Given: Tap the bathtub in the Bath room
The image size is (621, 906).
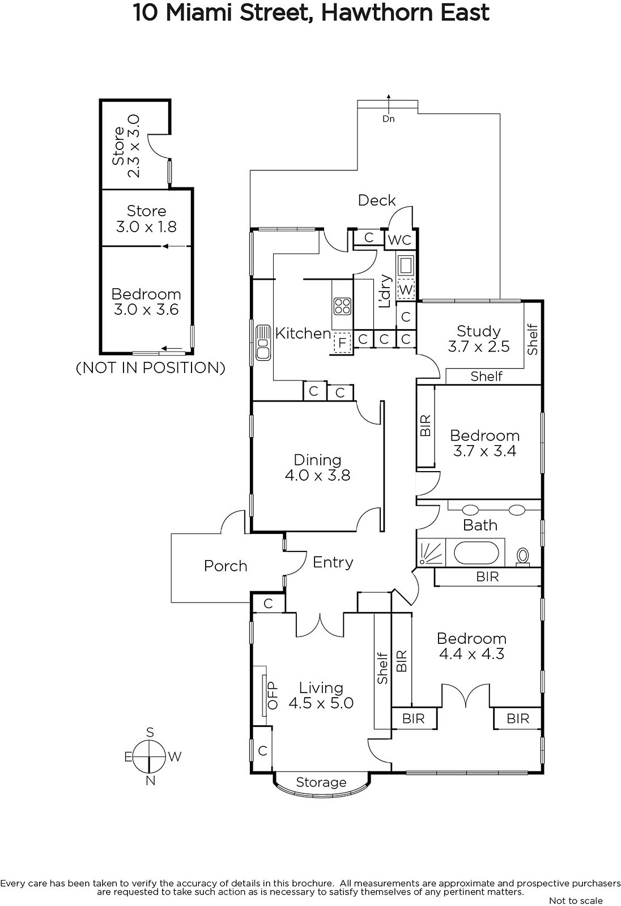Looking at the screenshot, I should coord(479,553).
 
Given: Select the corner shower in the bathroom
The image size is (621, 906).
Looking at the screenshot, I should coord(431,553).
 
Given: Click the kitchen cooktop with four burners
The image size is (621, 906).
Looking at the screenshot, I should coord(342,306).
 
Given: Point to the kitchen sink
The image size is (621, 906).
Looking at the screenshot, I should coord(263,342).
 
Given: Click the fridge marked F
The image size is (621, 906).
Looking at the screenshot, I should coord(342,343).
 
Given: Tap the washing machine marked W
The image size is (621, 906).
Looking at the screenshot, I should coord(406,289).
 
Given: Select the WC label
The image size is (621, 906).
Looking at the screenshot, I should coord(399,240).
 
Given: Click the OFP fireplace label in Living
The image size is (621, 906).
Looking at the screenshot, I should coord(273,695).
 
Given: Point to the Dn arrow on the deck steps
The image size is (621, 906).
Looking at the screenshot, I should coord(389,119).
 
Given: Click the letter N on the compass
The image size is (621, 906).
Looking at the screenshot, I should coord(150,781).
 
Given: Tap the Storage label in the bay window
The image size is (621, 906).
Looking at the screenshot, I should coord(321,782).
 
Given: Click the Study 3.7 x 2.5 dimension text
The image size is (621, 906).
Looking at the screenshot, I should coord(479,347).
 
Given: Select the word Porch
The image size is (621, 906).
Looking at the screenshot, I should coord(226,566).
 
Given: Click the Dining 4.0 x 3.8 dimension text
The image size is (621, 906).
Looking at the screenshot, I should coord(317,475).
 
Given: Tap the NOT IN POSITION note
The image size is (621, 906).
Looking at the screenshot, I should coord(151,367).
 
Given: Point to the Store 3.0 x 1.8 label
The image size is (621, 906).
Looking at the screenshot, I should coord(146,219).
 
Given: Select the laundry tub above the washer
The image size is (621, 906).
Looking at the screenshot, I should coord(406,264).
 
